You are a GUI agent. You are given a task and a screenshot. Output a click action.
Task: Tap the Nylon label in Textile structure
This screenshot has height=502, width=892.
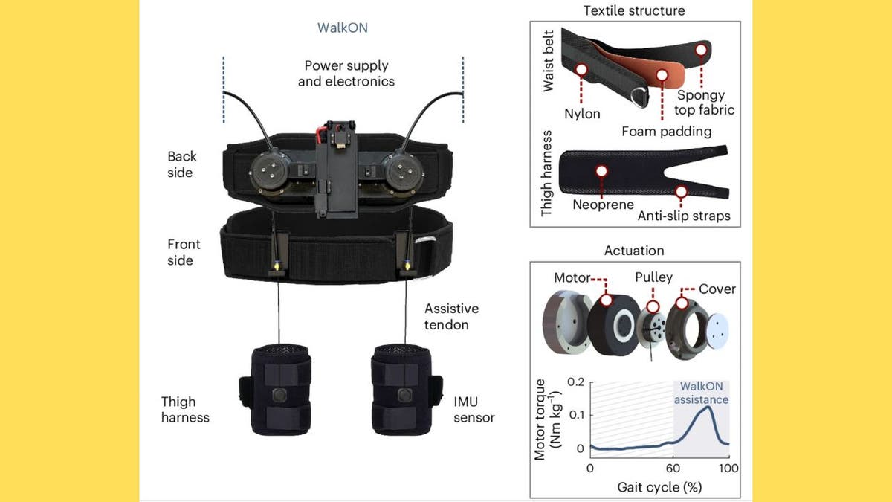pyautogui.click(x=582, y=114)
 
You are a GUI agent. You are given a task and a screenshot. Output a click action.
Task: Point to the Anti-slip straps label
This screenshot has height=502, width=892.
pyautogui.click(x=684, y=216)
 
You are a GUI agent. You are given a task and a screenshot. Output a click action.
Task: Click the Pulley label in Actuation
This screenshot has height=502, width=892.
pyautogui.click(x=653, y=277)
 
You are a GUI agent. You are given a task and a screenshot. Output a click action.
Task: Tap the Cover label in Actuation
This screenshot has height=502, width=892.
pyautogui.click(x=717, y=289)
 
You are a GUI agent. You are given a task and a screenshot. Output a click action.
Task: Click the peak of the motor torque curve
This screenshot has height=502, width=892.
pyautogui.click(x=709, y=407)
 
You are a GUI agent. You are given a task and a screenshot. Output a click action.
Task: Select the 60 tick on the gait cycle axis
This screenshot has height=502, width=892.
pyautogui.click(x=673, y=469)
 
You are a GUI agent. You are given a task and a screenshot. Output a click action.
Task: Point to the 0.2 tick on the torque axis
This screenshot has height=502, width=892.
pyautogui.click(x=574, y=382)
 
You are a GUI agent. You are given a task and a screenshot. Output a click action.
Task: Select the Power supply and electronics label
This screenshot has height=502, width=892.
pyautogui.click(x=346, y=73)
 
